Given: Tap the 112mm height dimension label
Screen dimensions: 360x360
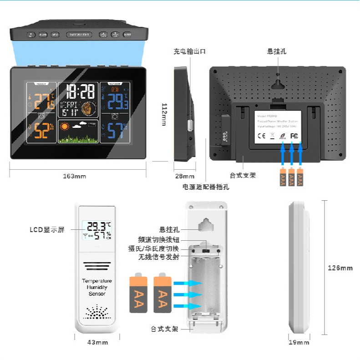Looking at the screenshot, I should pos(164,114).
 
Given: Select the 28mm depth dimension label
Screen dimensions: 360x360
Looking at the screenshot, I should pos(184,176).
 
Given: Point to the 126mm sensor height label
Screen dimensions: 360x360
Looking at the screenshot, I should pos(340,268).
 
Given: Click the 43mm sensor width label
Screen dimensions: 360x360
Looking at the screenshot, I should pos(97,342).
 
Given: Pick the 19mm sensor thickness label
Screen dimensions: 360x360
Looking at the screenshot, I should pos(299,342).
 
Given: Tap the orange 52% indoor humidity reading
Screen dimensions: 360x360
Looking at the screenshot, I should pos(41,132).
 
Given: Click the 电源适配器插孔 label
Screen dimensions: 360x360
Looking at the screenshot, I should pos(206,187).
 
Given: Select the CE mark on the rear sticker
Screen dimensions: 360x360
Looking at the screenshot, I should pos(262,135).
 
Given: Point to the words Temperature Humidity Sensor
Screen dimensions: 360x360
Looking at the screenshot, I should pos(96,287).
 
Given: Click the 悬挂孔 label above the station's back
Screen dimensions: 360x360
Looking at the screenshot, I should pos(277,52).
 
